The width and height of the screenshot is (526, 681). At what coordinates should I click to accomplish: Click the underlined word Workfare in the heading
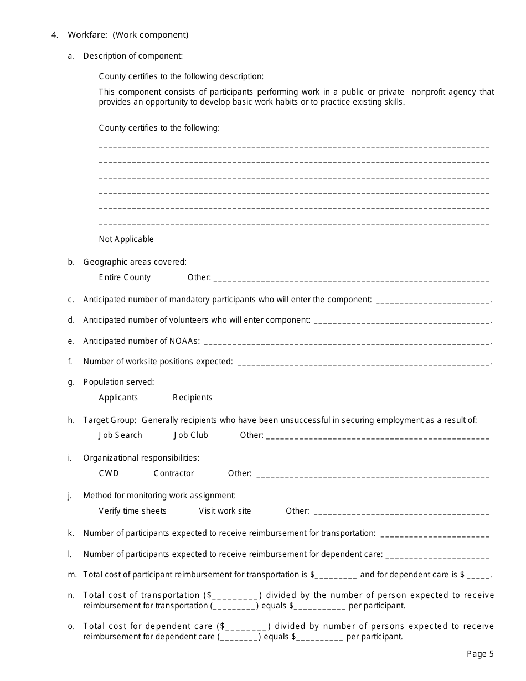click(87, 35)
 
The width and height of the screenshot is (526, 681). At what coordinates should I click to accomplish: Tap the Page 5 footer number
click(480, 654)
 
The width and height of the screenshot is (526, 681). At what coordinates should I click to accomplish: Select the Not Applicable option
click(126, 239)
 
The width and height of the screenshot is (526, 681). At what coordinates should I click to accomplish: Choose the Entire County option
click(125, 277)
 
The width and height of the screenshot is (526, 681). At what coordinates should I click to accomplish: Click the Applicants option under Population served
click(118, 398)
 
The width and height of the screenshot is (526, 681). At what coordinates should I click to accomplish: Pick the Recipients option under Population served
click(192, 398)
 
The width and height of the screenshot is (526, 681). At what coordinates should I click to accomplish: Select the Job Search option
click(120, 435)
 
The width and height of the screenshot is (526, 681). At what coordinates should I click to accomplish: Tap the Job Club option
click(191, 435)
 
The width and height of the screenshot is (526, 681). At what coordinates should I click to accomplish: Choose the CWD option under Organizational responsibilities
click(109, 473)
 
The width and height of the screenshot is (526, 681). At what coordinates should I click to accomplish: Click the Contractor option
click(174, 473)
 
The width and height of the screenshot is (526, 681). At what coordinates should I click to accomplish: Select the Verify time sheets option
click(132, 511)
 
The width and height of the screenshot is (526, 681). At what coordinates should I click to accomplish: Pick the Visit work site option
click(225, 511)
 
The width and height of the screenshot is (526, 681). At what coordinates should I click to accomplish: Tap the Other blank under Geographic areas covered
click(351, 279)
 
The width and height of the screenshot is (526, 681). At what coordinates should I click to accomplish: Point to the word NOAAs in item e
click(186, 341)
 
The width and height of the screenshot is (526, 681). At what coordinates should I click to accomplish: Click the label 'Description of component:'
click(133, 55)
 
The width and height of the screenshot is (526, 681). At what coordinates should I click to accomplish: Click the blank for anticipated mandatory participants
click(433, 301)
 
